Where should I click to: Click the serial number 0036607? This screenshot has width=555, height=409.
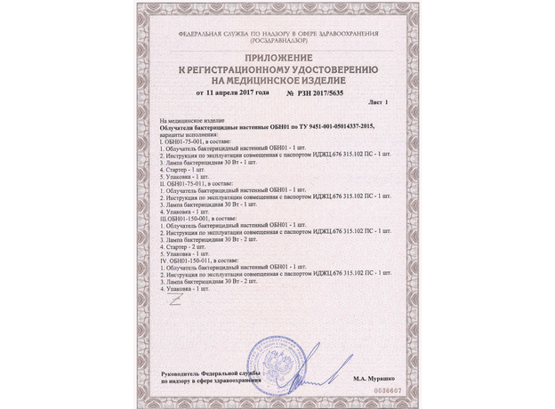tap(385, 389)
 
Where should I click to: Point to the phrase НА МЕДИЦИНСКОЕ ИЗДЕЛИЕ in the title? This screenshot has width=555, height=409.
tap(277, 78)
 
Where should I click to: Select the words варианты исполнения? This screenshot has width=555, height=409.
tap(181, 133)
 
